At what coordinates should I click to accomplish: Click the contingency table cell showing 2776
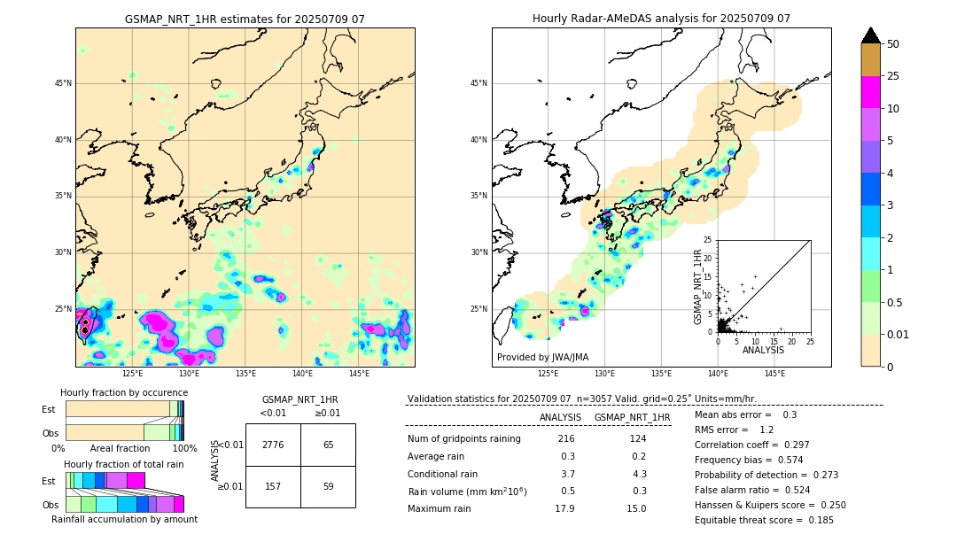pyautogui.click(x=273, y=445)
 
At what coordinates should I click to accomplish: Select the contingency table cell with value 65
pyautogui.click(x=328, y=445)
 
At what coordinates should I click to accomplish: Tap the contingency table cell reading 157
pyautogui.click(x=273, y=486)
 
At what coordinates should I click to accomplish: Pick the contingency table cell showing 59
pyautogui.click(x=328, y=486)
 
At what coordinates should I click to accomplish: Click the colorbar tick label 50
pyautogui.click(x=893, y=44)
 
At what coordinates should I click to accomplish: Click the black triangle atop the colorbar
pyautogui.click(x=871, y=35)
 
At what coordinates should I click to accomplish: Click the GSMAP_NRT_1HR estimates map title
pyautogui.click(x=245, y=19)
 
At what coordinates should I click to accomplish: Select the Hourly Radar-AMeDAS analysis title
pyautogui.click(x=661, y=19)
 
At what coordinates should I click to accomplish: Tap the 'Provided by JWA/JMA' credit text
pyautogui.click(x=542, y=358)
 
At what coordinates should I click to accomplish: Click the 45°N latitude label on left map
pyautogui.click(x=63, y=83)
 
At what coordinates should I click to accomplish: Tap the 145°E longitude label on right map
pyautogui.click(x=774, y=375)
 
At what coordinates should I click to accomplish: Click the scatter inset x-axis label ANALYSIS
pyautogui.click(x=763, y=350)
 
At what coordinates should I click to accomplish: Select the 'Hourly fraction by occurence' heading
pyautogui.click(x=124, y=392)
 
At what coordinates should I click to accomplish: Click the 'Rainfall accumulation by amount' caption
pyautogui.click(x=124, y=519)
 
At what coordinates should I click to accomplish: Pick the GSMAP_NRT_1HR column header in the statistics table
pyautogui.click(x=632, y=417)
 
